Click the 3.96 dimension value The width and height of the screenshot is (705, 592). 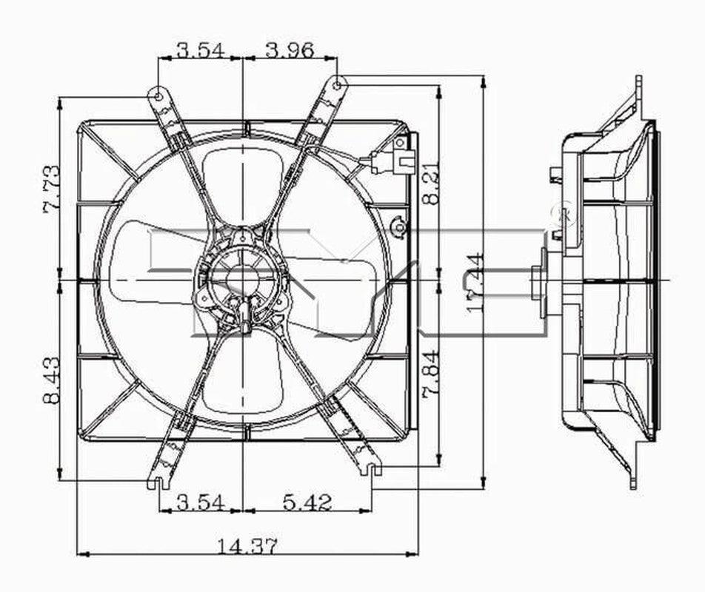(x=290, y=50)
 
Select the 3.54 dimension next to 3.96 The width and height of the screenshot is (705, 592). (x=200, y=50)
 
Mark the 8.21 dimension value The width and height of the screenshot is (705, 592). (x=432, y=183)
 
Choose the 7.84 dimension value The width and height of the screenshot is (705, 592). (x=432, y=374)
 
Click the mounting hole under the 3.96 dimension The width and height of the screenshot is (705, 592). (x=337, y=84)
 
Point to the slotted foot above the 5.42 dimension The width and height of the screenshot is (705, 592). (x=371, y=468)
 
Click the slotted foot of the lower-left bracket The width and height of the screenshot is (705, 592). (x=156, y=482)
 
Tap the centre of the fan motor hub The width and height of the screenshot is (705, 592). (x=242, y=280)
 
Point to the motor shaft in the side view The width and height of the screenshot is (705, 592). (x=538, y=281)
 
